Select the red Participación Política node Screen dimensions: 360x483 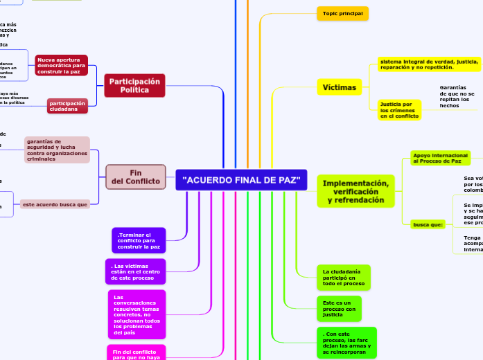(134, 86)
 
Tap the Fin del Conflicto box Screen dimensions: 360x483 (135, 177)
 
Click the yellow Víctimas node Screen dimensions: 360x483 (340, 87)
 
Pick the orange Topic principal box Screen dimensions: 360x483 (342, 13)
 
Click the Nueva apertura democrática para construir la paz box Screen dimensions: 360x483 (62, 65)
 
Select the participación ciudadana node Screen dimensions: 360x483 (67, 106)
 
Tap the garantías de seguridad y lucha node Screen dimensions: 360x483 (58, 150)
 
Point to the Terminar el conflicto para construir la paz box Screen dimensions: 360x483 (139, 240)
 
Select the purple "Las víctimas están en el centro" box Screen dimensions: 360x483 (135, 271)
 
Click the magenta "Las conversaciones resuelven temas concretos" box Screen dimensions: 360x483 (137, 313)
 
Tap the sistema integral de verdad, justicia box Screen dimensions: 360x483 (429, 64)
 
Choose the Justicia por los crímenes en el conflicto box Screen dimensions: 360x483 (399, 110)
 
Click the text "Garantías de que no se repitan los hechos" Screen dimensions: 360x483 (457, 96)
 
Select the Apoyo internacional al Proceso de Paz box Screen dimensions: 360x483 (440, 158)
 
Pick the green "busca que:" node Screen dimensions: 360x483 (428, 225)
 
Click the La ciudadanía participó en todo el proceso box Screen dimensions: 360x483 (343, 277)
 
